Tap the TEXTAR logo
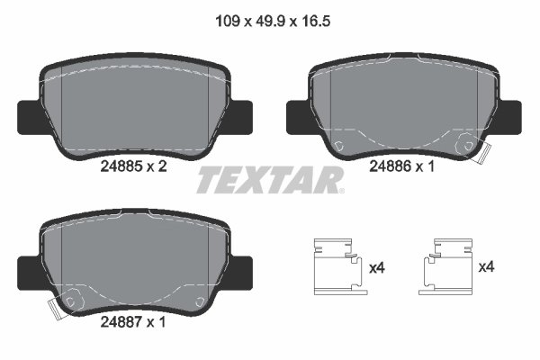(x=270, y=181)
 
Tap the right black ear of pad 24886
(x=510, y=114)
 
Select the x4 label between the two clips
(x=377, y=267)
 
